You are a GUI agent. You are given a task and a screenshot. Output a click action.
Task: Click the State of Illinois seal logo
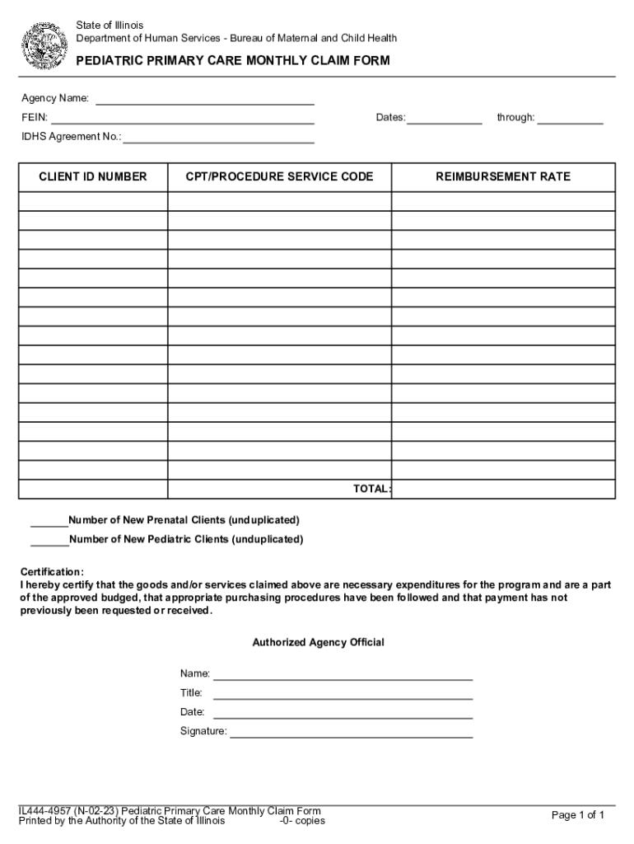pyautogui.click(x=47, y=46)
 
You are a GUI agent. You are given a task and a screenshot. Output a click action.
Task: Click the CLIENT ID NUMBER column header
pyautogui.click(x=93, y=177)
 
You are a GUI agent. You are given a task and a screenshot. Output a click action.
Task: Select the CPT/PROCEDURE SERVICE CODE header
pyautogui.click(x=279, y=177)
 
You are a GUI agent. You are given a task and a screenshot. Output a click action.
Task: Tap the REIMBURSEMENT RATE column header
pyautogui.click(x=503, y=177)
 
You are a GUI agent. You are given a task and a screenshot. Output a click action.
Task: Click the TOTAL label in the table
pyautogui.click(x=371, y=489)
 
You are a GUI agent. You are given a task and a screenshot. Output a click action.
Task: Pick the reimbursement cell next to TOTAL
pyautogui.click(x=503, y=490)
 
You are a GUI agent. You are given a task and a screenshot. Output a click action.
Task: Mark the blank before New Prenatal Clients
pyautogui.click(x=49, y=521)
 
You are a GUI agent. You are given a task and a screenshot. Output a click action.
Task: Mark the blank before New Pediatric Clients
pyautogui.click(x=49, y=540)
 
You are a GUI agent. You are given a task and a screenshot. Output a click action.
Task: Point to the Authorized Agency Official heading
pyautogui.click(x=318, y=642)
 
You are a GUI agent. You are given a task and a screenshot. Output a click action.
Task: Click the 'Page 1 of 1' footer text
pyautogui.click(x=578, y=815)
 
